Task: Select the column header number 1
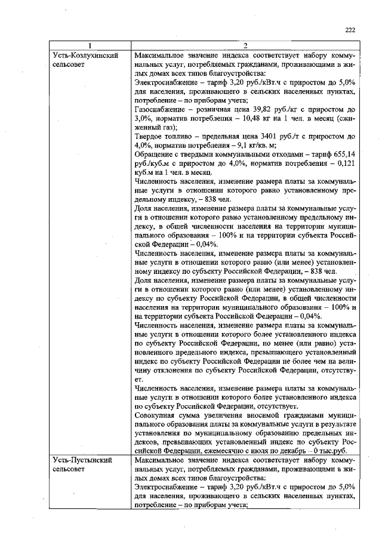[x=90, y=47]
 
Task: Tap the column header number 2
[x=245, y=47]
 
